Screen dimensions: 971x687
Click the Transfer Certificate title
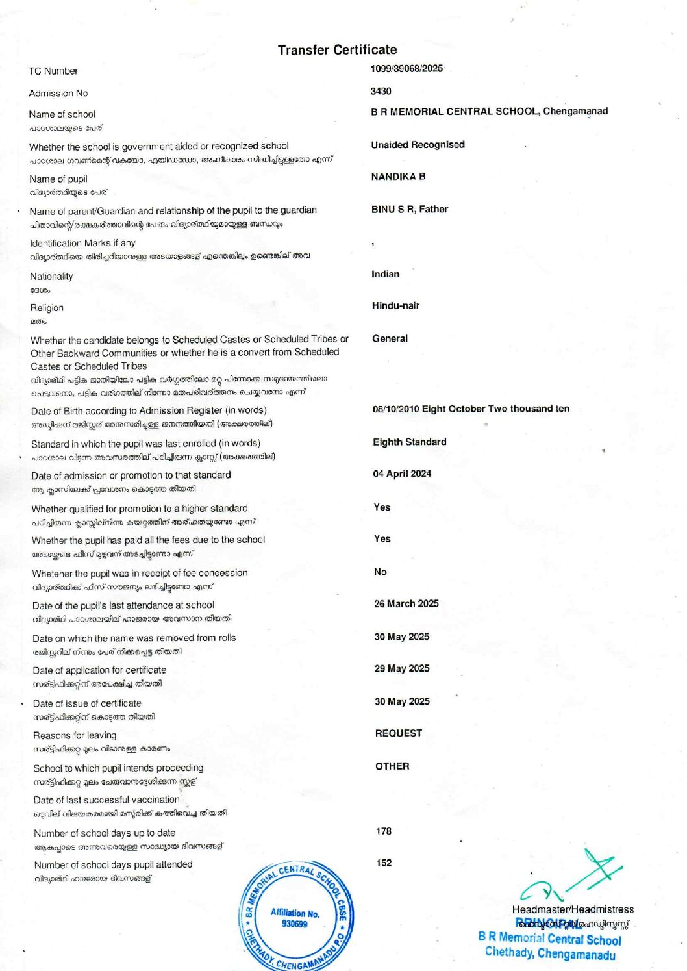[x=337, y=50]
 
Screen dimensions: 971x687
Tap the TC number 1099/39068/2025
[x=406, y=68]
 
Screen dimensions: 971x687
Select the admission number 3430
[x=381, y=92]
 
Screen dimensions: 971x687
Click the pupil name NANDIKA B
[x=398, y=177]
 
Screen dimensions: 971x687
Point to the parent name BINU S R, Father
[x=410, y=209]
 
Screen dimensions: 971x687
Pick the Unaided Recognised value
[x=418, y=145]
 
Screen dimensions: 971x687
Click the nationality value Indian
[x=385, y=274]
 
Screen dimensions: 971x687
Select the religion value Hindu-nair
[x=395, y=305]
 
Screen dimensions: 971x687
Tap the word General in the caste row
[x=390, y=338]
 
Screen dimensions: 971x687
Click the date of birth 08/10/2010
[x=395, y=409]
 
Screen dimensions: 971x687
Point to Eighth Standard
[x=409, y=442]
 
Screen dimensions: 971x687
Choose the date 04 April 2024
[x=401, y=474]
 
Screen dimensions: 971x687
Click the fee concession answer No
[x=380, y=572]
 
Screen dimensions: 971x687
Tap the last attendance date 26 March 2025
[x=406, y=604]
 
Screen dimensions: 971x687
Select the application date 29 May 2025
[x=401, y=668]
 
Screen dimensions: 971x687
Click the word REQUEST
[x=398, y=733]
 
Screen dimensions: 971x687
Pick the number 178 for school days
[x=383, y=831]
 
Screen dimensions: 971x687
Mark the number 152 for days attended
[x=384, y=863]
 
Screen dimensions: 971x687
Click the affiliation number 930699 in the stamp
[x=295, y=924]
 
